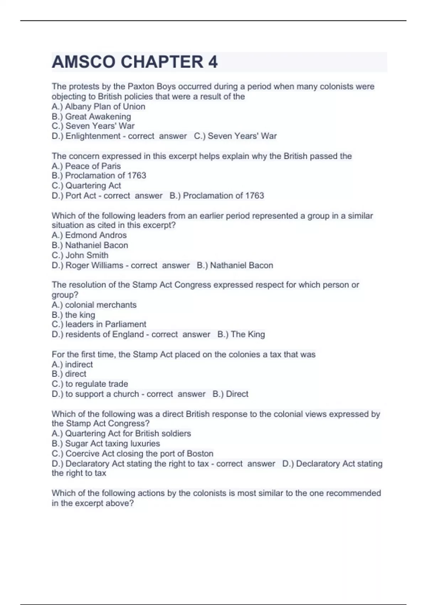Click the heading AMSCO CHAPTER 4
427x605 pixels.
135,62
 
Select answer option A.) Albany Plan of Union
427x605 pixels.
98,106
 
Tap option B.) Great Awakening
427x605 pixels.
91,116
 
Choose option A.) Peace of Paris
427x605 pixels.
86,166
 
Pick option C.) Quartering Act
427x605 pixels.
86,185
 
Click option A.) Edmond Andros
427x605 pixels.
89,235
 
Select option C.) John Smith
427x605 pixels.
80,255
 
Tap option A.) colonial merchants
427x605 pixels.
94,305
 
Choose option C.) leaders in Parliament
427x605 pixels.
99,324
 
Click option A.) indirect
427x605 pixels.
72,364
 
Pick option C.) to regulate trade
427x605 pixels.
90,384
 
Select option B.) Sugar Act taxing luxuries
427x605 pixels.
106,443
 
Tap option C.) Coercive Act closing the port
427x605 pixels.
132,453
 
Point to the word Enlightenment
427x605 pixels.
93,136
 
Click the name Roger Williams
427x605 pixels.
94,265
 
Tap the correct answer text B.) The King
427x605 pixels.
241,334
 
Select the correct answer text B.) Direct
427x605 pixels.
231,394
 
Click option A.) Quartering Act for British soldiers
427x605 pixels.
121,433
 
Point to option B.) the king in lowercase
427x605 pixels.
73,315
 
